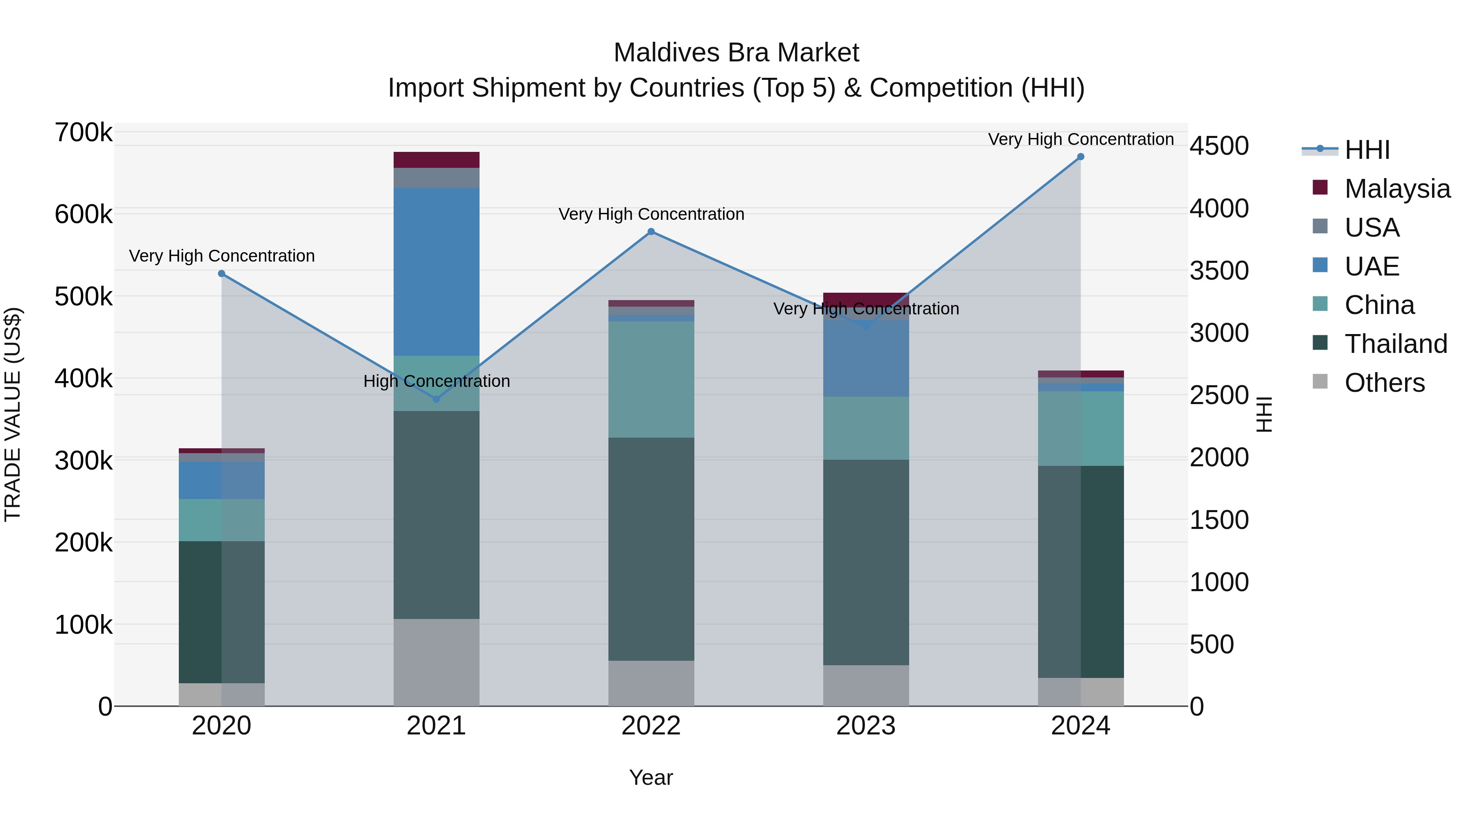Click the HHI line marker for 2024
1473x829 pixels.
(1080, 157)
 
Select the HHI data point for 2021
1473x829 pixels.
(436, 399)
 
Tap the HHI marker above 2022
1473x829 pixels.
(651, 232)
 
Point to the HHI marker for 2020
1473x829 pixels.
(222, 273)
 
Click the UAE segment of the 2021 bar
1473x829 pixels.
(436, 272)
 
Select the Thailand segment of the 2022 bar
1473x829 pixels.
(651, 549)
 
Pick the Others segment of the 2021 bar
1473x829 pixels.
(436, 662)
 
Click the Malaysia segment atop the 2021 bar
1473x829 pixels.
(436, 160)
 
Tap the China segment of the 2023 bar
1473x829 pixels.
(866, 428)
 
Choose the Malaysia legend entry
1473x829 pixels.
(1396, 189)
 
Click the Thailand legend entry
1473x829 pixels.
(1395, 344)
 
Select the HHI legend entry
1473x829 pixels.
(1367, 150)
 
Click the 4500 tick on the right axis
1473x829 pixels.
(1219, 146)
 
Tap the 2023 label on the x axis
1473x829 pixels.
(866, 726)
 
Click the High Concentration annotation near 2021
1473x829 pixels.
(436, 381)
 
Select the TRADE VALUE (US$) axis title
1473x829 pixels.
(13, 414)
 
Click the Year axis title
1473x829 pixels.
(651, 777)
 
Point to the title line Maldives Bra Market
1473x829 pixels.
(736, 53)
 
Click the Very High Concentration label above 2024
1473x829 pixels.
(1080, 139)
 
